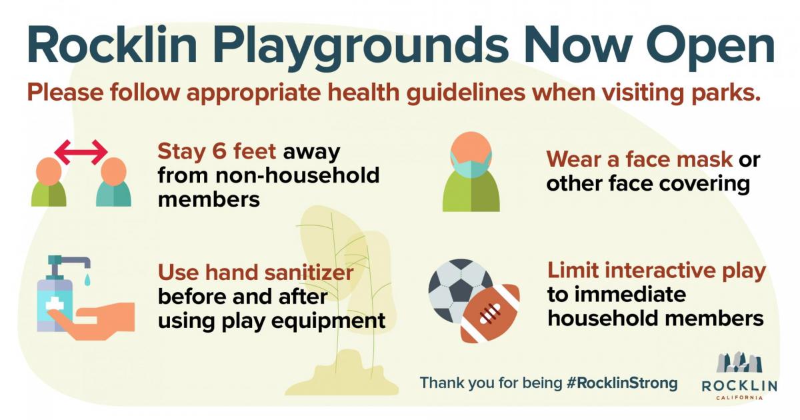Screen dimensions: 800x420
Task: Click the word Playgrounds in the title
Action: point(361,48)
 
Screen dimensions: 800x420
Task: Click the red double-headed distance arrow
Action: point(81,152)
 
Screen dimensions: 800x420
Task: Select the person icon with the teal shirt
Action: point(113,182)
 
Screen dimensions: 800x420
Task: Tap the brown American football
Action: point(490,313)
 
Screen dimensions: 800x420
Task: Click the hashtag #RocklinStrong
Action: point(622,383)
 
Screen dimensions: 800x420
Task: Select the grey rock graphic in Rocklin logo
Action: point(739,363)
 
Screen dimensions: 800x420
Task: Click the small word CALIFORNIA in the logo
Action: point(739,397)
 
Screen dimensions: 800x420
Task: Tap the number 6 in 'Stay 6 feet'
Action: point(219,151)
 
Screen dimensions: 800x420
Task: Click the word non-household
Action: point(297,175)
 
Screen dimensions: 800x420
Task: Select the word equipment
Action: point(328,321)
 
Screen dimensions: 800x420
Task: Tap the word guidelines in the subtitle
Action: point(466,93)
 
